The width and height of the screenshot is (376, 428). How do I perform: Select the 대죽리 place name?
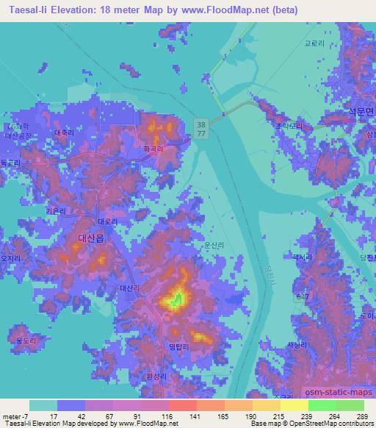[65, 133]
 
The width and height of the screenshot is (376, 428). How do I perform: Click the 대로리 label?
[107, 221]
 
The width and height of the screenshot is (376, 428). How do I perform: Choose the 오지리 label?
[11, 259]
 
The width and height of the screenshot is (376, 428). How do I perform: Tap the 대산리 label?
[128, 290]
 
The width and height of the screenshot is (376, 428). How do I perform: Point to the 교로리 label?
[314, 43]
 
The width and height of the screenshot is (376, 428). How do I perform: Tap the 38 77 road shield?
[201, 129]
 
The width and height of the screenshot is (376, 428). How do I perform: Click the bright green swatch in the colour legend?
[322, 405]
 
